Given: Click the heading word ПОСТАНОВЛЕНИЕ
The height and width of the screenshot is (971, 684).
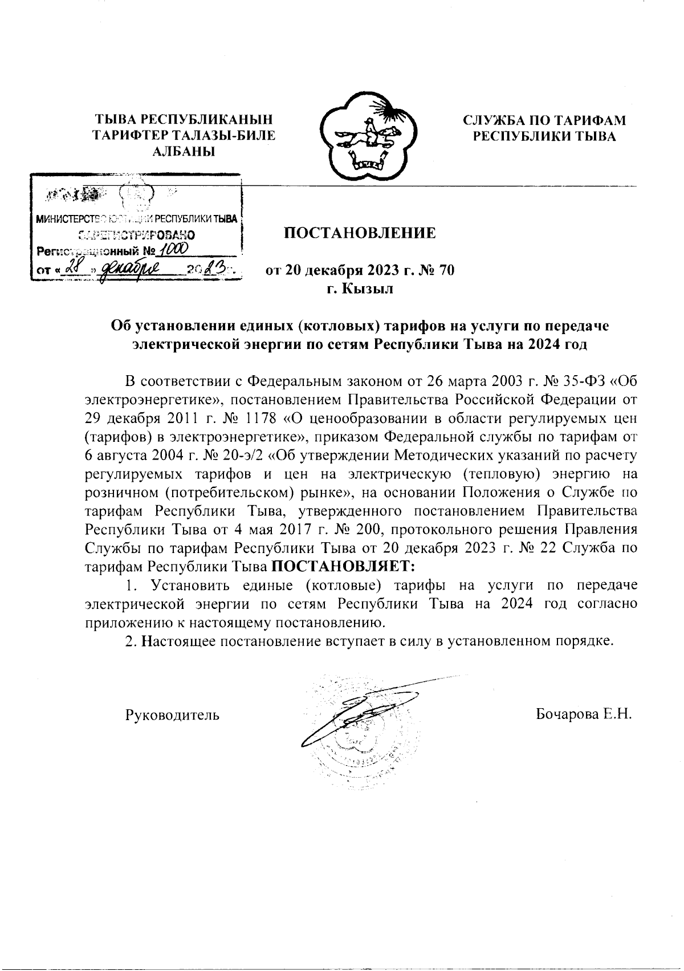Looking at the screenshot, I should click(360, 233).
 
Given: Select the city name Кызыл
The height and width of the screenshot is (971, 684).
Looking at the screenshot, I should click(368, 289).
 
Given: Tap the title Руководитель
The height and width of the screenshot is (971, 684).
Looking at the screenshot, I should click(172, 714).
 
